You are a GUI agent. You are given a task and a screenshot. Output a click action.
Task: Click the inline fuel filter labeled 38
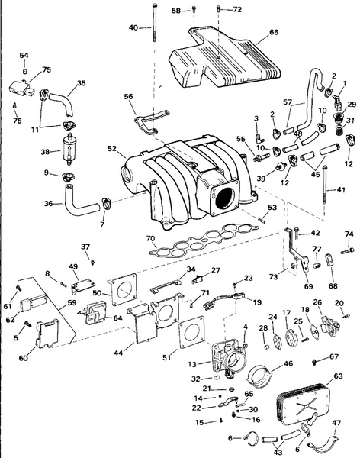tap(66, 153)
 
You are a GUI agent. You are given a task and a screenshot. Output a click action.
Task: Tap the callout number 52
tap(111, 149)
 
